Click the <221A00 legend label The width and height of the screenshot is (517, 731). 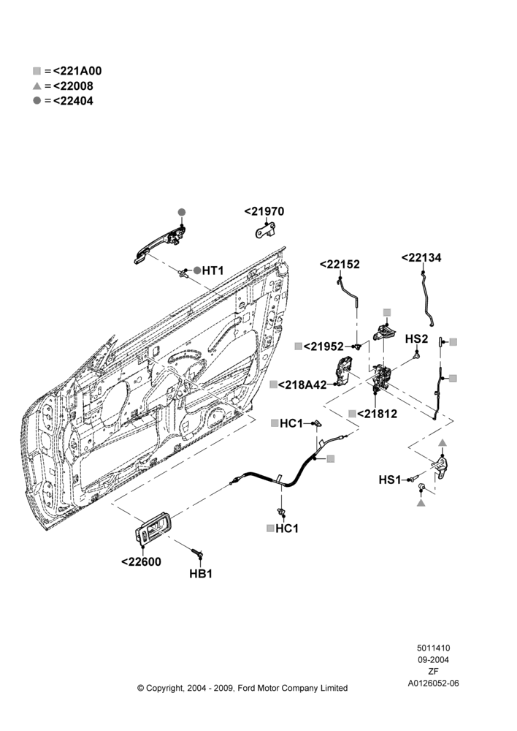point(77,71)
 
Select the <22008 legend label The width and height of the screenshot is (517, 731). point(73,86)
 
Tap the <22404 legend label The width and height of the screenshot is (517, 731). point(73,101)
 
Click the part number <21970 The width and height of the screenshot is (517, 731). point(264,211)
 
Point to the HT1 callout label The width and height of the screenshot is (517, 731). point(212,270)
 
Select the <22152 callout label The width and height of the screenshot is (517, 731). point(340,265)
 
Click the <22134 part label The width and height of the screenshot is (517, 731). point(421,257)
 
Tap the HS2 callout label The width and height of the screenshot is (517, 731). point(416,338)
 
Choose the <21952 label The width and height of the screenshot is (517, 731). point(323,346)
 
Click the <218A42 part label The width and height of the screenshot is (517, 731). point(302,385)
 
